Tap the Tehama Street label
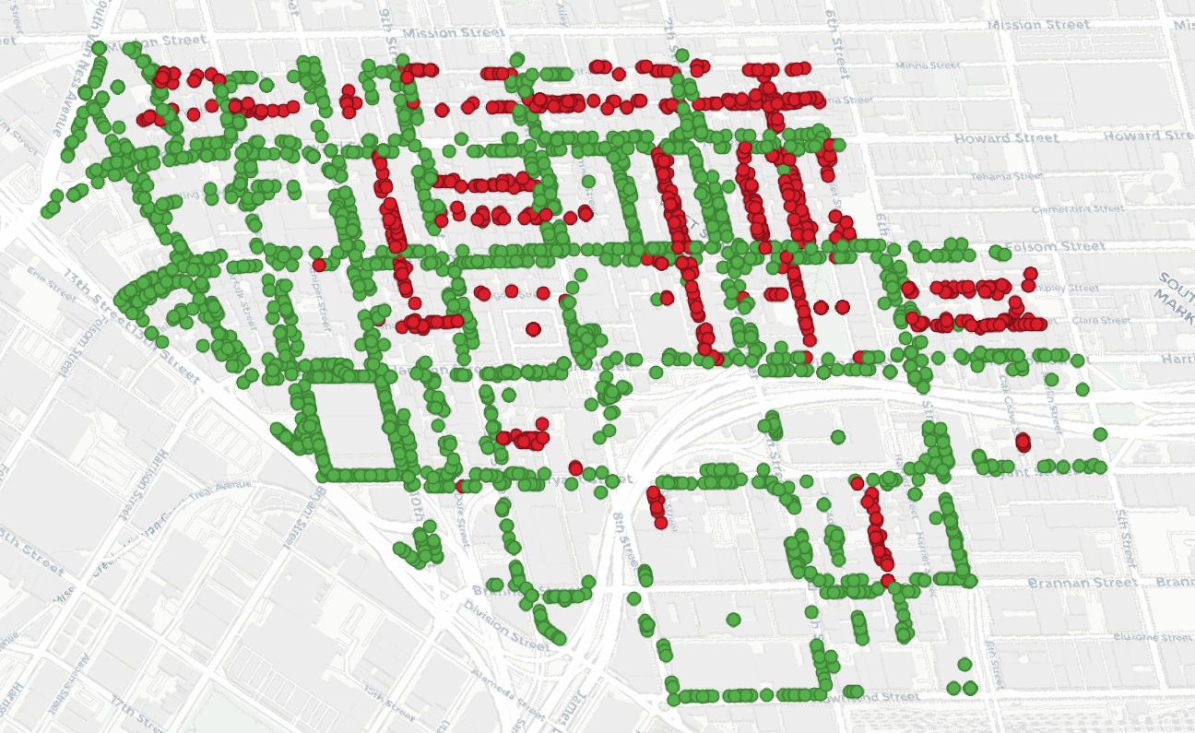coord(1009,175)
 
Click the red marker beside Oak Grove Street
coord(1023,442)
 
